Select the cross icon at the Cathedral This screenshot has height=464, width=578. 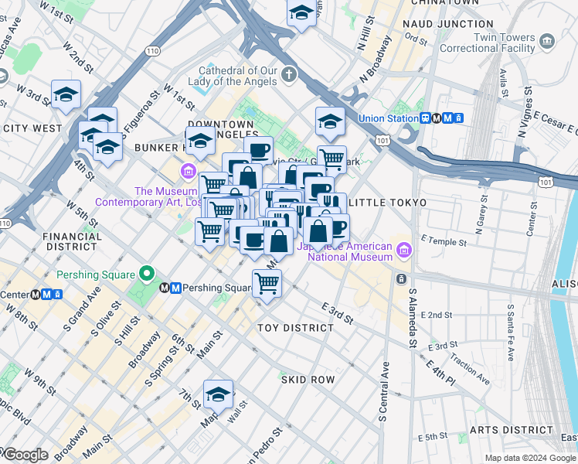[289, 75]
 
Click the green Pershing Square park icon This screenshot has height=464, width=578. [144, 274]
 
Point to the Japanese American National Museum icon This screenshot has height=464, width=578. [403, 251]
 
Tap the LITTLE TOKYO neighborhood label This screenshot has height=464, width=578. [387, 203]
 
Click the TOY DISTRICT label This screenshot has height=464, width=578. [295, 328]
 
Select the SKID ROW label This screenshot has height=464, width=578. [307, 380]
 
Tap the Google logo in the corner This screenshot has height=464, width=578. [25, 455]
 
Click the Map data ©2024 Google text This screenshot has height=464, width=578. [530, 458]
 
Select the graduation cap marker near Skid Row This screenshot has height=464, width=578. [219, 395]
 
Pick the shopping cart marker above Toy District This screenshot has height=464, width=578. [267, 282]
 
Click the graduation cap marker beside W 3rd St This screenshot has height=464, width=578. [66, 94]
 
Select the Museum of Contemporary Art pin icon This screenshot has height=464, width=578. [188, 170]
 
